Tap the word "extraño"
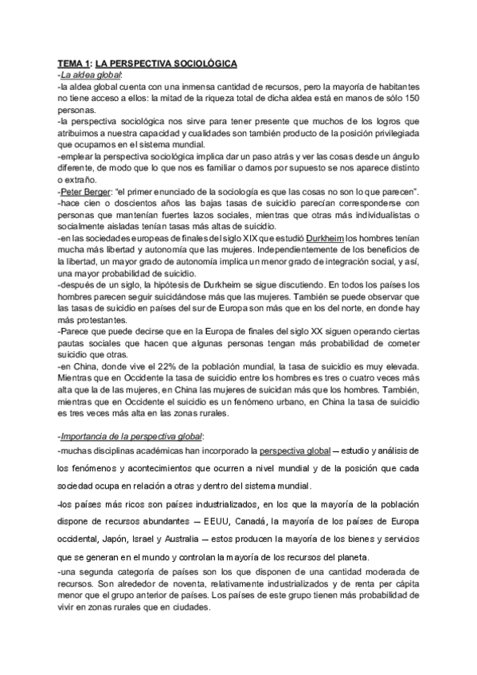[x=82, y=181]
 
